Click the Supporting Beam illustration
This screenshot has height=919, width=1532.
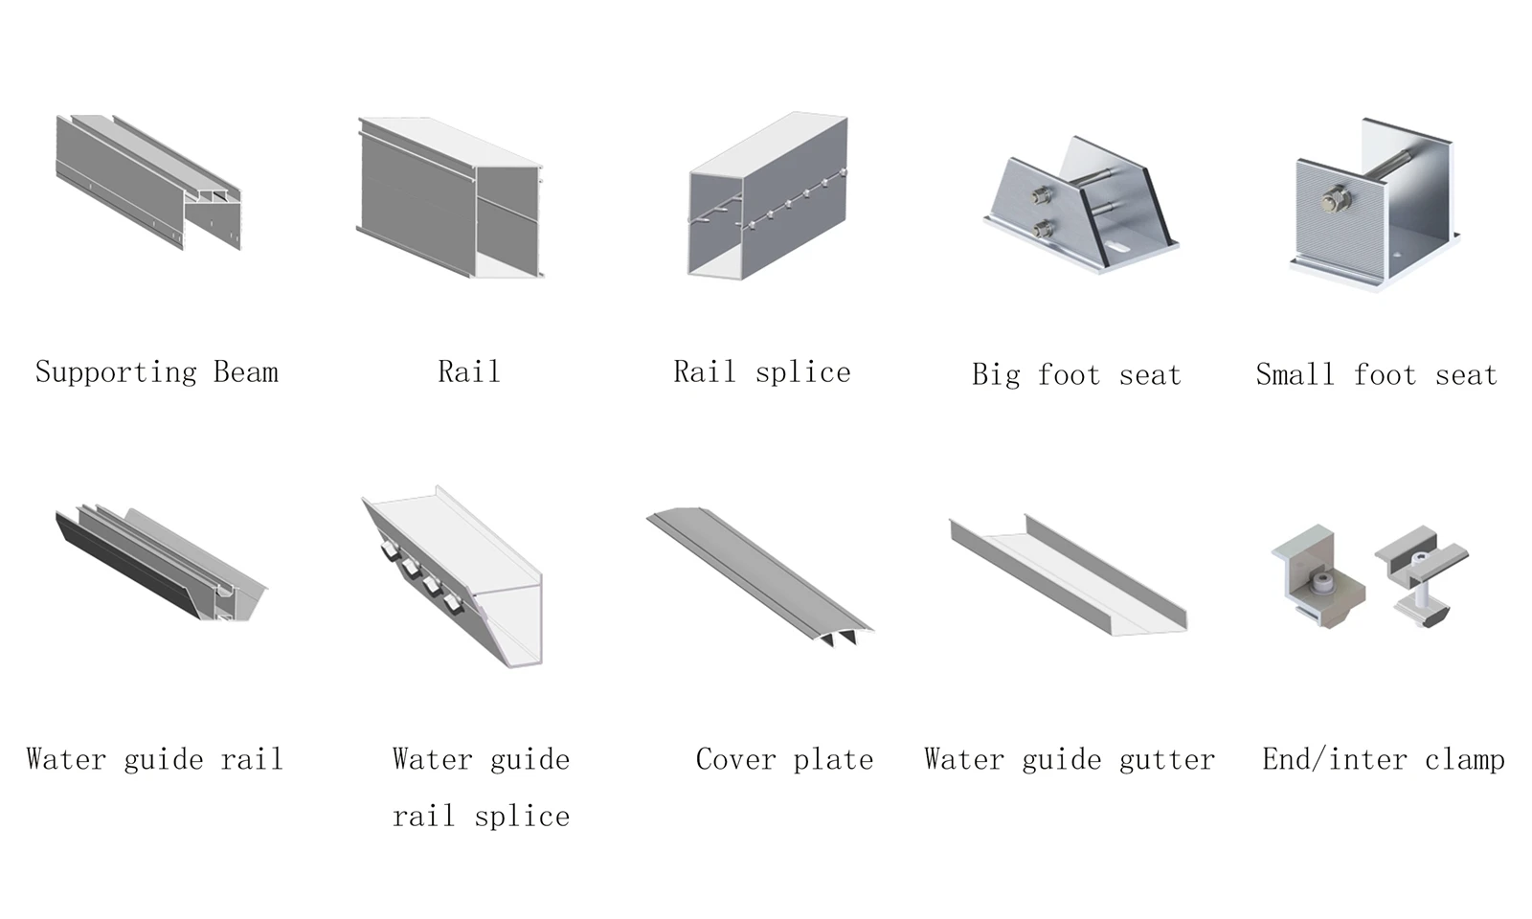pyautogui.click(x=148, y=183)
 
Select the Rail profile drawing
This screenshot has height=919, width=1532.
pyautogui.click(x=450, y=198)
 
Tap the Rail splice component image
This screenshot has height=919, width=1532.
pyautogui.click(x=767, y=196)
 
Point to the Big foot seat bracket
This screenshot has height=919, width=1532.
pyautogui.click(x=1081, y=205)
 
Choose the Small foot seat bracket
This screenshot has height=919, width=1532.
pyautogui.click(x=1375, y=205)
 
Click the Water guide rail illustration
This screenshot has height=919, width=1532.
pyautogui.click(x=162, y=564)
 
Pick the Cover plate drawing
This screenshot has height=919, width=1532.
pyautogui.click(x=760, y=576)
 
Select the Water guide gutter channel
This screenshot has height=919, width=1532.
pyautogui.click(x=1069, y=575)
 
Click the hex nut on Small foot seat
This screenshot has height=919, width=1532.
pyautogui.click(x=1336, y=199)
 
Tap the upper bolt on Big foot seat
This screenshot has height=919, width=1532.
pyautogui.click(x=1043, y=197)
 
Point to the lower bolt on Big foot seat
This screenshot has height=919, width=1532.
pyautogui.click(x=1045, y=230)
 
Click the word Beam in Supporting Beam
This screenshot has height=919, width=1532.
pyautogui.click(x=246, y=372)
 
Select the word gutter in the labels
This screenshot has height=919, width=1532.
pyautogui.click(x=1167, y=760)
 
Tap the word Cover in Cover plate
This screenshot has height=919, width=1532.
pyautogui.click(x=736, y=760)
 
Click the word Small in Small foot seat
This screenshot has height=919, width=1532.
pyautogui.click(x=1295, y=374)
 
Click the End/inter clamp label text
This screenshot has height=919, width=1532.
pyautogui.click(x=1383, y=760)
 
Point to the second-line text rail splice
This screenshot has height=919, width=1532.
pyautogui.click(x=481, y=817)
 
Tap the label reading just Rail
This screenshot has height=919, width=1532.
pyautogui.click(x=469, y=372)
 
